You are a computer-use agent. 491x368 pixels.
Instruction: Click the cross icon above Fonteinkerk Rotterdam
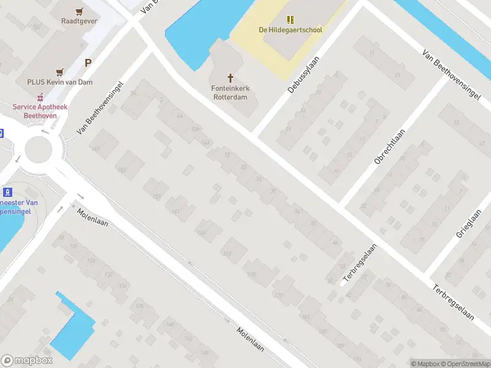tap(231, 78)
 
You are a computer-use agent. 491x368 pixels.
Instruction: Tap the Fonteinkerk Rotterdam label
tap(231, 91)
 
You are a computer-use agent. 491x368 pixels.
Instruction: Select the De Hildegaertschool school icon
tap(290, 20)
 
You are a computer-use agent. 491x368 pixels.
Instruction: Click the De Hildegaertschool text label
tap(290, 29)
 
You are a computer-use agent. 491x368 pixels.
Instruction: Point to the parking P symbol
tap(88, 63)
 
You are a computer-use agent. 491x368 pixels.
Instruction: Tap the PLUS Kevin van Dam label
tap(60, 82)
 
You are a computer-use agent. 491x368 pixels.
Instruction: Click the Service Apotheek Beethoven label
tap(41, 110)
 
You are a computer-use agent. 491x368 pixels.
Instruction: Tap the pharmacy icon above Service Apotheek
tap(41, 97)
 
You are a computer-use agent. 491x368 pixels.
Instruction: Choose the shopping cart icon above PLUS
tap(60, 72)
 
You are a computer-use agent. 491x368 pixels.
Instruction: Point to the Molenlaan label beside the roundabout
tap(93, 217)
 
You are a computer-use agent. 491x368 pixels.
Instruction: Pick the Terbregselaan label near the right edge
tap(453, 302)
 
